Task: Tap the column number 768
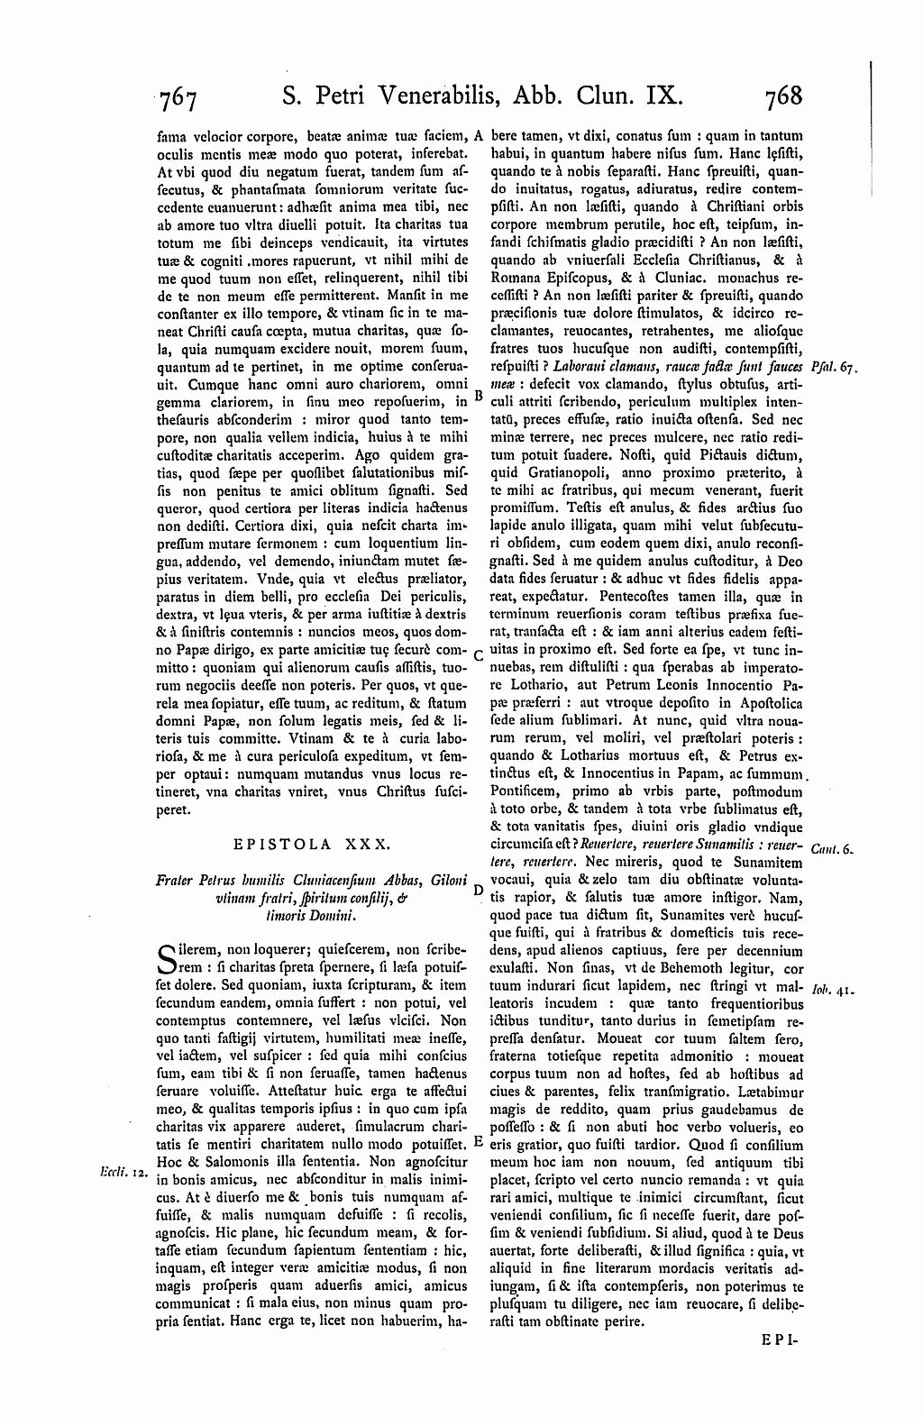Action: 781,96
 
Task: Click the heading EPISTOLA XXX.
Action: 311,845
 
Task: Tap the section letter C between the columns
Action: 478,654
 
